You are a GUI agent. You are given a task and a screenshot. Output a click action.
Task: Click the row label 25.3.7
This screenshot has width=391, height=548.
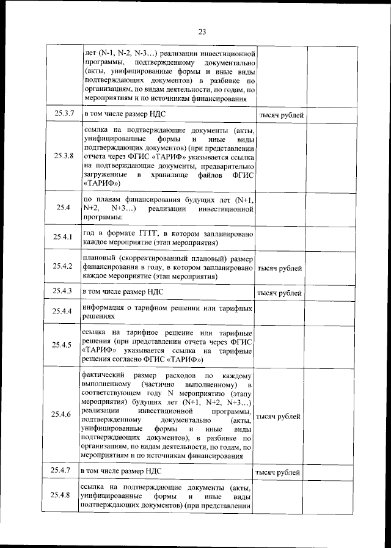click(64, 114)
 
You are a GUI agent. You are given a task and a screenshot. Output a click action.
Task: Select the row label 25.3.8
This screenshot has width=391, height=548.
click(64, 156)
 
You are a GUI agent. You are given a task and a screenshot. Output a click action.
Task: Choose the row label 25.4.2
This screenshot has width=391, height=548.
click(63, 266)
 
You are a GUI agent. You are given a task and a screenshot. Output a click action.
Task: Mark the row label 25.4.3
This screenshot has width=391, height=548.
click(63, 291)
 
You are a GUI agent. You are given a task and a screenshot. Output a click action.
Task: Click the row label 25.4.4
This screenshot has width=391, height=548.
click(63, 312)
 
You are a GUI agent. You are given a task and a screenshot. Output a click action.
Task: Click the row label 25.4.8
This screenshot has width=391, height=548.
click(63, 495)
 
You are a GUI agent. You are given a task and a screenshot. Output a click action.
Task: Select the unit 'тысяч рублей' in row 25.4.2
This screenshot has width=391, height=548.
click(280, 268)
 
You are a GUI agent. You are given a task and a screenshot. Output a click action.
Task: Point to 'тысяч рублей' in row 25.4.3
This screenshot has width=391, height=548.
click(280, 293)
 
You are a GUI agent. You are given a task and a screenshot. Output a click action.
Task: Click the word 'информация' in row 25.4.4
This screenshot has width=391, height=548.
click(104, 307)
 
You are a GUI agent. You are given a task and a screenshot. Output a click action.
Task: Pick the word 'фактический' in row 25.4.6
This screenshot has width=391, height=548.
click(103, 373)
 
